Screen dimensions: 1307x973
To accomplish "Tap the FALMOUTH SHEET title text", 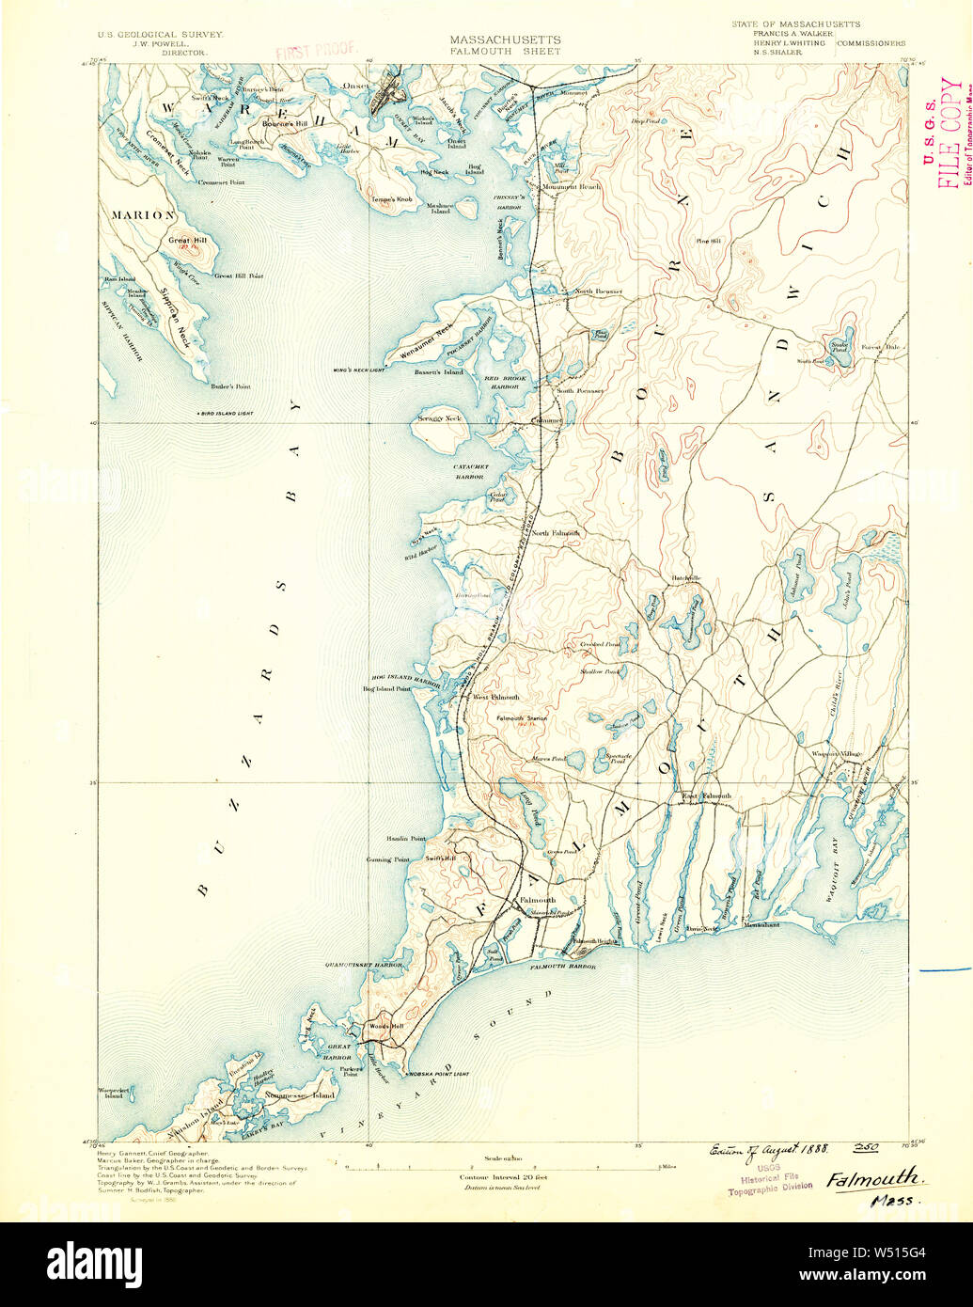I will (505, 51).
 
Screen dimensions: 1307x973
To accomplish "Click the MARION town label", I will (143, 215).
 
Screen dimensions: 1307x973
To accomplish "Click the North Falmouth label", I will (555, 533).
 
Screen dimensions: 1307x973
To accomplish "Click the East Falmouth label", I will (706, 796).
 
